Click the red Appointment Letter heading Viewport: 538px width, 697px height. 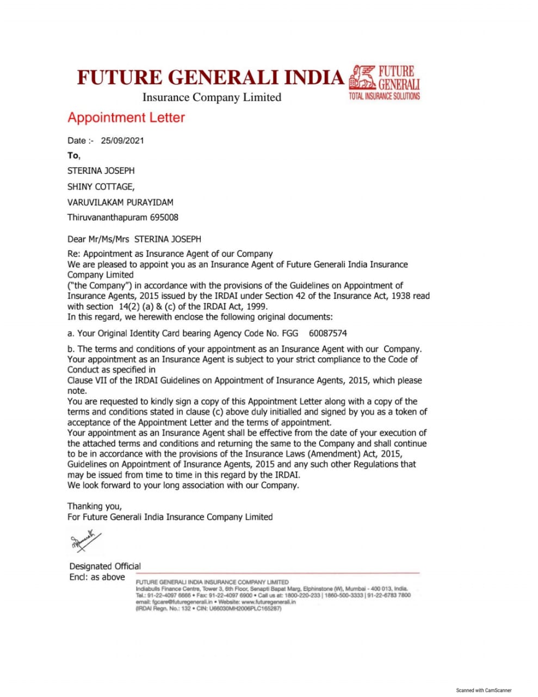(126, 118)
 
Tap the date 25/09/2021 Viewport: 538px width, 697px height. (122, 140)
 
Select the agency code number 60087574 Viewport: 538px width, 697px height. (327, 333)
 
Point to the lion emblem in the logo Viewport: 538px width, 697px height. (362, 77)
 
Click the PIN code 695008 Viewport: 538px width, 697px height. (164, 217)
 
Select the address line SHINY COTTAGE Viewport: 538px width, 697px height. (101, 186)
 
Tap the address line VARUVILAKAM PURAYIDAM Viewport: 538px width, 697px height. (120, 202)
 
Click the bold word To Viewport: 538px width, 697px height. (73, 156)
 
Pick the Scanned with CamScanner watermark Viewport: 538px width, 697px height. (484, 690)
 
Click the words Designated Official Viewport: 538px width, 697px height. (105, 566)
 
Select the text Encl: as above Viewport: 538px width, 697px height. (97, 577)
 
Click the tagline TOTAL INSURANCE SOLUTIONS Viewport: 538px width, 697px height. (384, 96)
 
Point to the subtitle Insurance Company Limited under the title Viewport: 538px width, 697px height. (212, 97)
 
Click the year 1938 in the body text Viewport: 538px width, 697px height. (403, 296)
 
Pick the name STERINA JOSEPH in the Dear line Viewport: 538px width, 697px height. (168, 239)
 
